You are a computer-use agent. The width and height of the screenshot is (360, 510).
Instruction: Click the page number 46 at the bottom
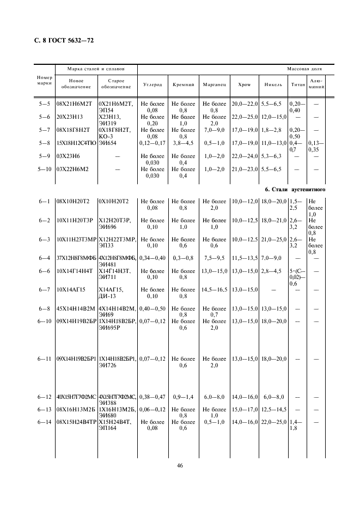tap(180, 466)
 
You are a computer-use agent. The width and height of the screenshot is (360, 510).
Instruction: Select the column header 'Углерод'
tap(152, 85)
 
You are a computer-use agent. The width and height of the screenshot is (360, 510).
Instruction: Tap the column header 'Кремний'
tap(184, 85)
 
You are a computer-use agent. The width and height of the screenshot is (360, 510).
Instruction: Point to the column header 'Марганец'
tap(214, 85)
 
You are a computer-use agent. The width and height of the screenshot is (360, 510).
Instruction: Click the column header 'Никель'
tap(273, 85)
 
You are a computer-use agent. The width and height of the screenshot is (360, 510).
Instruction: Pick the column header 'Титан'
tap(298, 85)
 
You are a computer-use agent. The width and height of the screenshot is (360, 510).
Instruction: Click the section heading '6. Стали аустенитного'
tap(295, 190)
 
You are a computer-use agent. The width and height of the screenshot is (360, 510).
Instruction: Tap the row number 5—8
tap(44, 143)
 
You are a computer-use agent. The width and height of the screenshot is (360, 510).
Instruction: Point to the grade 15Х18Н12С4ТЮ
tap(76, 143)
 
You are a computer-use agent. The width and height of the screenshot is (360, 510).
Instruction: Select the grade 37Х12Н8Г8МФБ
tap(76, 258)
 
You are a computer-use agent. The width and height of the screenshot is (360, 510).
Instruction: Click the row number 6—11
tap(44, 359)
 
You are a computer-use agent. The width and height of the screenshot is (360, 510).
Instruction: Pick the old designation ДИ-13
tap(108, 296)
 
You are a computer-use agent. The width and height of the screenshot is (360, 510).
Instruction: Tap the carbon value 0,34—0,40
tap(152, 258)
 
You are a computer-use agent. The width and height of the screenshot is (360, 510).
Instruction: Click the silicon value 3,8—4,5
tap(184, 143)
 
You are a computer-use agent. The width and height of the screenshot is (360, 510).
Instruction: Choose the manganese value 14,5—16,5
tap(214, 290)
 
